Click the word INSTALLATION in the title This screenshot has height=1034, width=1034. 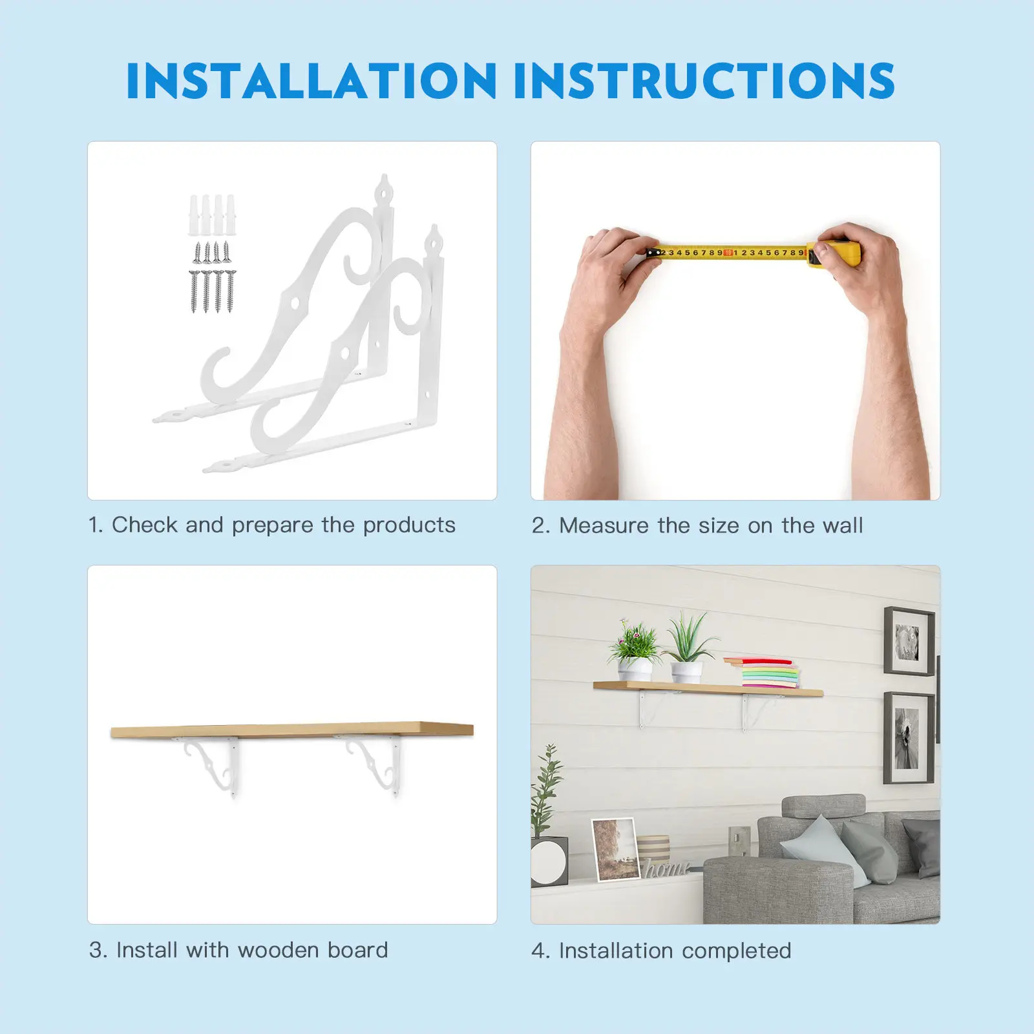[x=311, y=81]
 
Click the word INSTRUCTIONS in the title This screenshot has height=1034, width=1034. [x=705, y=81]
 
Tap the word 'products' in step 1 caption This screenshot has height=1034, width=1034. [x=409, y=525]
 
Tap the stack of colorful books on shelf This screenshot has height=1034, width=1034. [x=764, y=673]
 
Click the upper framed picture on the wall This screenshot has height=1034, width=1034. [x=909, y=641]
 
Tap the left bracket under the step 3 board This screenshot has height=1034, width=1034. [x=213, y=766]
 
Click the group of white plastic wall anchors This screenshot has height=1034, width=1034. [x=212, y=215]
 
